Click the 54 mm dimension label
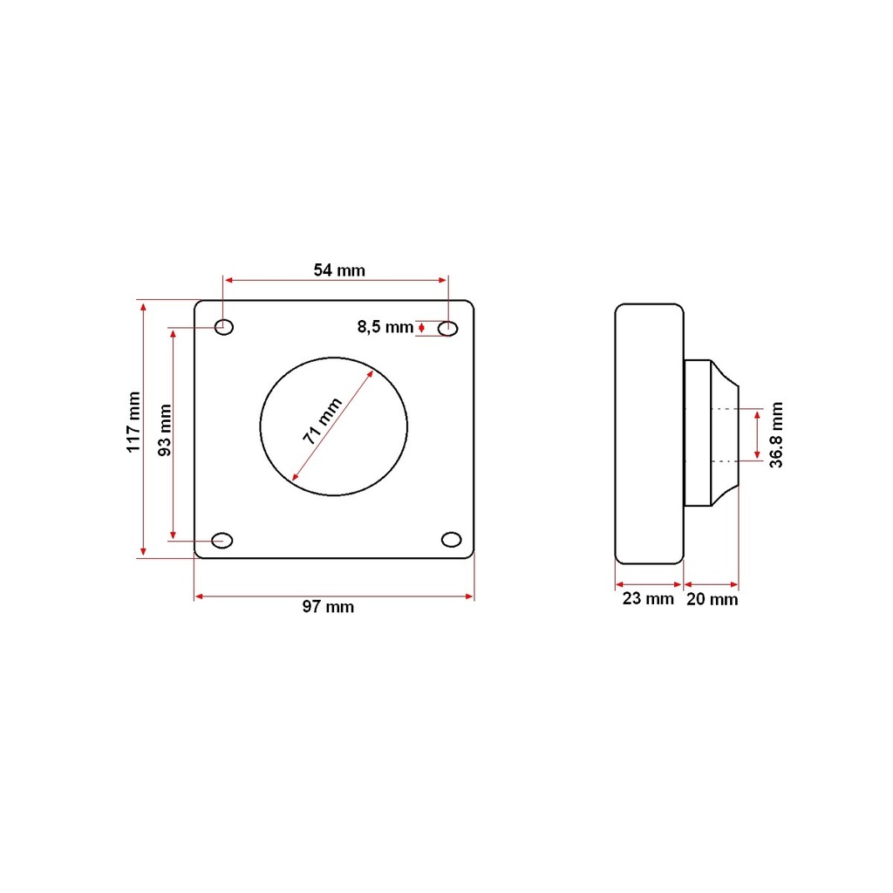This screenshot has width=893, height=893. pos(339,270)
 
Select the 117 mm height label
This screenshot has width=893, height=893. pos(133,422)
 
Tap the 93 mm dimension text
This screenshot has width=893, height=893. pos(165,430)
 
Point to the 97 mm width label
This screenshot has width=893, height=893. pos(328,607)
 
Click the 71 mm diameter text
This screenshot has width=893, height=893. pos(322,421)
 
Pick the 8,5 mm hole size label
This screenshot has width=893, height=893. pos(385,327)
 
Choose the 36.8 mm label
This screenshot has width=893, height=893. pos(776,434)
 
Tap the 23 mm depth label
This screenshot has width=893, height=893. pos(648,598)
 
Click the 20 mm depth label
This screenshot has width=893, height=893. pos(712,599)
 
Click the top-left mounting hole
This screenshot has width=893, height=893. pos(224,327)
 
